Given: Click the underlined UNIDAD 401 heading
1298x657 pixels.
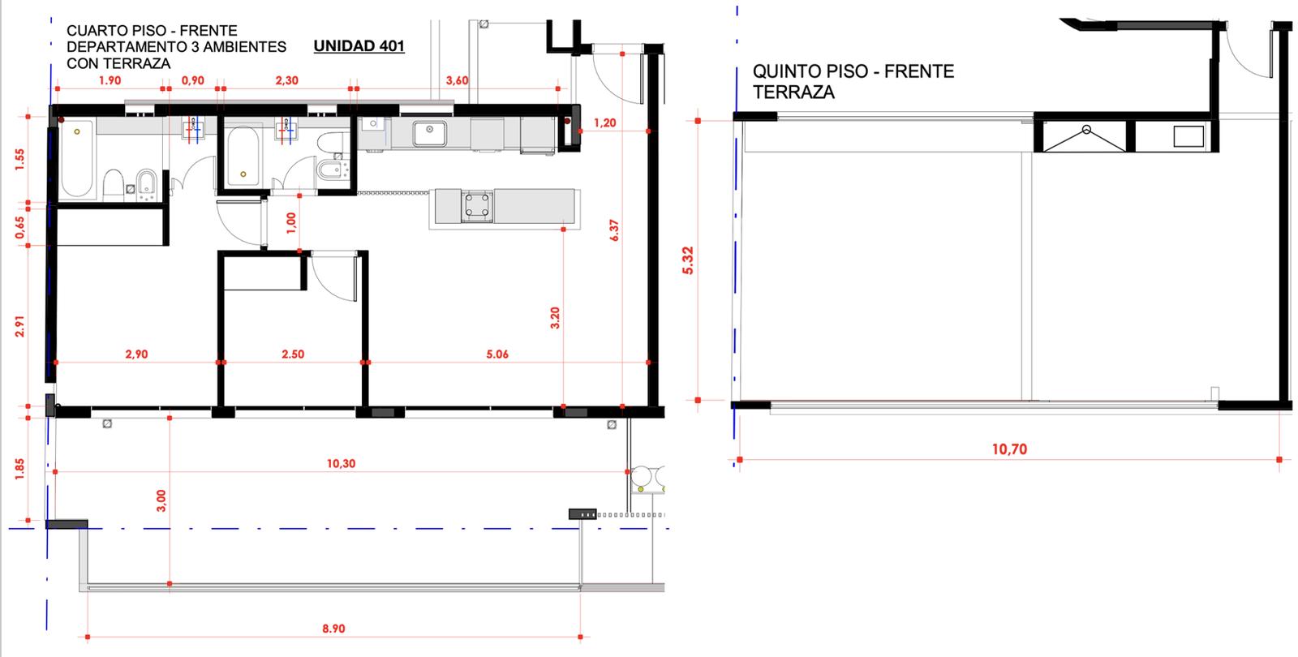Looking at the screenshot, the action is pos(359,46).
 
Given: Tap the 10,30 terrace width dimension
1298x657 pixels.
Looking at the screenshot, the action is pos(341,463).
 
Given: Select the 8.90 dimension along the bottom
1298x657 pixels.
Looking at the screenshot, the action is pos(333,629).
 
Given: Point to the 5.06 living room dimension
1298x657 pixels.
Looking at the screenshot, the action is pos(497,354).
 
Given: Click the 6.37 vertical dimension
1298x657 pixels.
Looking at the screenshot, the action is pos(614,230).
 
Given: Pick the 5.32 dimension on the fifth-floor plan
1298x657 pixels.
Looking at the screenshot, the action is pos(688,260).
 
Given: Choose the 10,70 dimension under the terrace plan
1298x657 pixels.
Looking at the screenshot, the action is pos(1009,449).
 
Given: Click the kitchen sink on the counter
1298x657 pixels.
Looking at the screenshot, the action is pos(429,134).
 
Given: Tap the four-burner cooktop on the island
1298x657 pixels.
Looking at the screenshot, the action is pos(477,206).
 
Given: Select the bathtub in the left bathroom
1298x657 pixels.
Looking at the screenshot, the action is pos(77,158).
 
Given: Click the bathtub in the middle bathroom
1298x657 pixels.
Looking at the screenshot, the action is pos(243,157).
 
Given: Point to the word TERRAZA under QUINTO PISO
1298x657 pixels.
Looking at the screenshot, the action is pos(793,92).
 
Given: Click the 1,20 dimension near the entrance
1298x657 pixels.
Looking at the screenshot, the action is pos(604,122).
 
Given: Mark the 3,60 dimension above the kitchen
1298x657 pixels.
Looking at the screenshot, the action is pos(457,80).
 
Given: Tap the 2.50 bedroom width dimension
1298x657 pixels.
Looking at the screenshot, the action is pos(293,354).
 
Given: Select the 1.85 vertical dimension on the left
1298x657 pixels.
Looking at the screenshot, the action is pos(19,470).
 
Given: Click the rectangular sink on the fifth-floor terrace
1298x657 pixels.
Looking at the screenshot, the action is pos(1188,137).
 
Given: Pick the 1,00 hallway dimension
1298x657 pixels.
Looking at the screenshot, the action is pos(291,222).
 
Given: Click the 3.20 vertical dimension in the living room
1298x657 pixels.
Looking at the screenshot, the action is pos(555,318).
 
